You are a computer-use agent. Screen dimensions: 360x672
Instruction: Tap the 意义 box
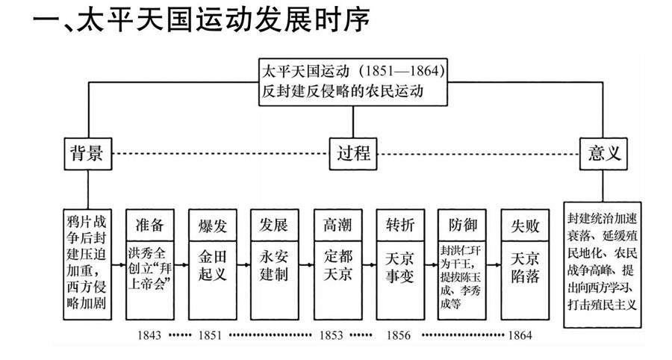coord(604,154)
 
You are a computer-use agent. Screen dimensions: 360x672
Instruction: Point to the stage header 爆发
coord(212,225)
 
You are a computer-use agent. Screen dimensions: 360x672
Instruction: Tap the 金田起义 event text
coord(212,265)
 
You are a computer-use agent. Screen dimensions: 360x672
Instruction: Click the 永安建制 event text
coord(275,265)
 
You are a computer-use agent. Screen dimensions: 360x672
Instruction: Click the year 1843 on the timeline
coord(149,335)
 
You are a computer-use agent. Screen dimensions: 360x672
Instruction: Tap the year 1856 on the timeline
coord(399,335)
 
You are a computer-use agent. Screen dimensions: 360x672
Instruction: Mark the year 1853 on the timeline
coord(331,335)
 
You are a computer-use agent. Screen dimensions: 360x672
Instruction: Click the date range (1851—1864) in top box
coord(401,72)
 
